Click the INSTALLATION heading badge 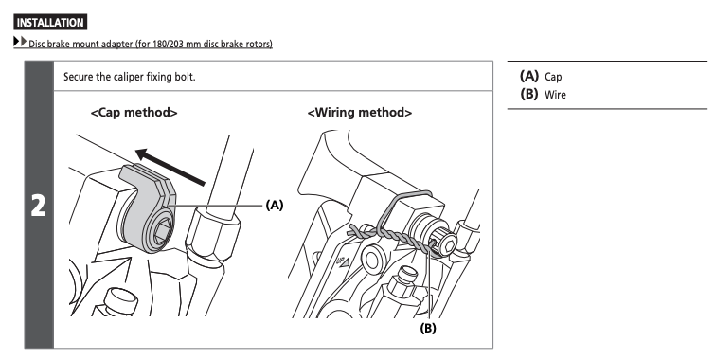[50, 23]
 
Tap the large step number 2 [38, 206]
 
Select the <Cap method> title [134, 112]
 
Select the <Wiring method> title [360, 112]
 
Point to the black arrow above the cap [170, 167]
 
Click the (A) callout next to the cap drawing [275, 206]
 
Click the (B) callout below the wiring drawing [428, 328]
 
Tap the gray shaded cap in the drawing [148, 207]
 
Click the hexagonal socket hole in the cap [162, 229]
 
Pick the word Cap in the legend [553, 77]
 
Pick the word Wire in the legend [555, 95]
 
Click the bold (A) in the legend [529, 76]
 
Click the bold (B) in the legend [529, 94]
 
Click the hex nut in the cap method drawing [212, 235]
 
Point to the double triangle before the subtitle [20, 42]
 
